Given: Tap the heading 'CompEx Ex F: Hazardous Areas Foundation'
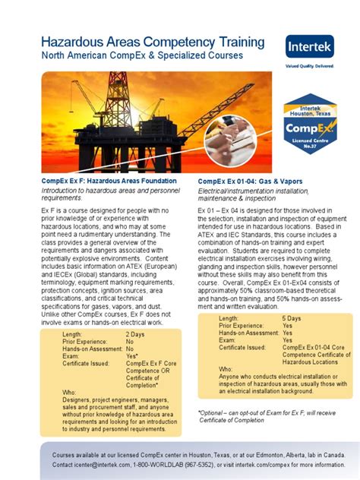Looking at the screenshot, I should [109, 182].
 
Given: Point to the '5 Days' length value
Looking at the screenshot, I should [292, 318].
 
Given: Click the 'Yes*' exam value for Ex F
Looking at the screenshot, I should [131, 356].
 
